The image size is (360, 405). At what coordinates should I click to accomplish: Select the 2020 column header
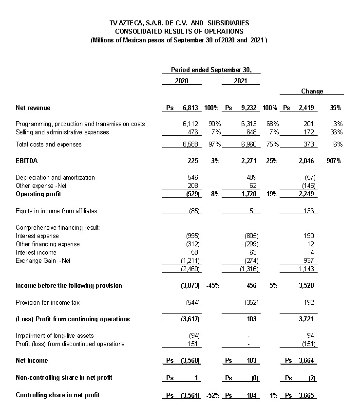[181, 81]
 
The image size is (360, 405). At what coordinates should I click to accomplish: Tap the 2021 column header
[240, 81]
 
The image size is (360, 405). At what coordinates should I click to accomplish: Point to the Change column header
[312, 92]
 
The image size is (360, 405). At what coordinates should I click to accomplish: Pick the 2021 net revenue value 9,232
[248, 108]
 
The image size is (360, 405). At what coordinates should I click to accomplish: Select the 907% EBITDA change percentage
[335, 161]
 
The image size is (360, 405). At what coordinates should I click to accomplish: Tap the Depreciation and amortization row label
[55, 178]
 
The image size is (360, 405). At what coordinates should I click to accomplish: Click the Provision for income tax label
[47, 302]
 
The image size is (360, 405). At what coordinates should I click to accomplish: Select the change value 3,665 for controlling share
[306, 395]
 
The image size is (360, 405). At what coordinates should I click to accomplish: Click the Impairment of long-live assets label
[55, 336]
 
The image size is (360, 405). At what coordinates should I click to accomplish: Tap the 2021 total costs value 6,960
[249, 144]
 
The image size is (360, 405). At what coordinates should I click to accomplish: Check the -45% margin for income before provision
[212, 286]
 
